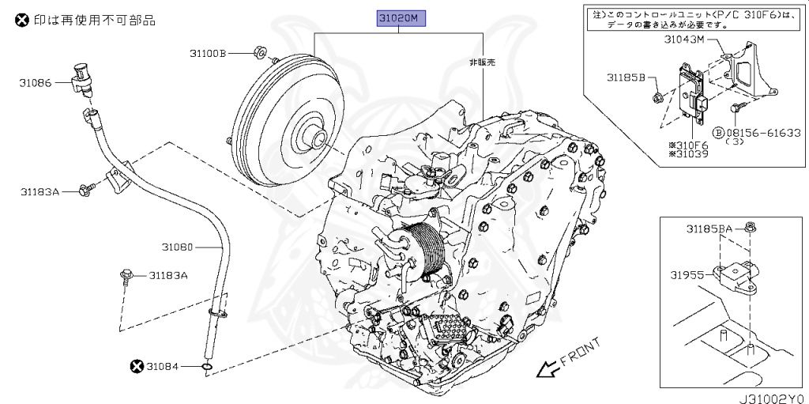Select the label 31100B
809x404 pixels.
pyautogui.click(x=208, y=53)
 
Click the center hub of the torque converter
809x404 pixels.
pyautogui.click(x=318, y=142)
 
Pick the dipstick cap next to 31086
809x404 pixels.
pyautogui.click(x=82, y=74)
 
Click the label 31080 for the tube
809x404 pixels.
pyautogui.click(x=178, y=247)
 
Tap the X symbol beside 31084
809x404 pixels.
pyautogui.click(x=137, y=365)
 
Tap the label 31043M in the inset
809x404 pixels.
pyautogui.click(x=683, y=40)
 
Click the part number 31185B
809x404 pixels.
pyautogui.click(x=626, y=77)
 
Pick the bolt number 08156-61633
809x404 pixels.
pyautogui.click(x=763, y=134)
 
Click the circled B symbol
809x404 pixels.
pyautogui.click(x=719, y=134)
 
